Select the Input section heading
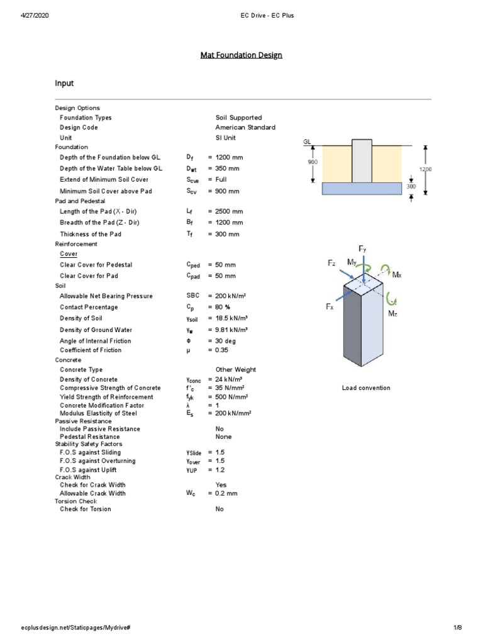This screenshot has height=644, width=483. pos(65,83)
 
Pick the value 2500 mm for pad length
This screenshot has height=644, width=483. pos(229,212)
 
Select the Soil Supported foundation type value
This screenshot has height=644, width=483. pos(238,118)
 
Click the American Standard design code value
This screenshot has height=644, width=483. pos(245,127)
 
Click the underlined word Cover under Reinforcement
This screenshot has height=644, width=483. pos(69,254)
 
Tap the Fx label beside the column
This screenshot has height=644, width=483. pos(330,306)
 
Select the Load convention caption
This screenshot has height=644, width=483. pos(365,388)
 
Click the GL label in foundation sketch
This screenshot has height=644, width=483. pos(308,142)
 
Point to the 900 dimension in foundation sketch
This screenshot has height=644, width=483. pos(313,162)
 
